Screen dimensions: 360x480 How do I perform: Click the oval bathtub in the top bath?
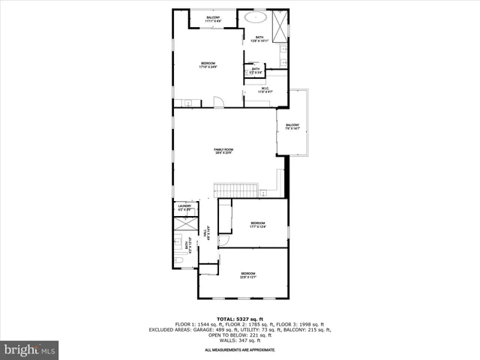tap(257, 16)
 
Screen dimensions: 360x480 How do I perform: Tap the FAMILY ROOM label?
tap(223, 150)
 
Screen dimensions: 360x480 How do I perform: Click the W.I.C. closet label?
tap(265, 88)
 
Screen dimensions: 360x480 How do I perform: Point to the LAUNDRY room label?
tap(184, 206)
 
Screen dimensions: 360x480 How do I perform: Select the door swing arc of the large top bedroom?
tap(217, 102)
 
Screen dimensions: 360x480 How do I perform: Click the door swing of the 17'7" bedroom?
tap(223, 241)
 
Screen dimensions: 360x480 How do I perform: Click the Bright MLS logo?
tap(30, 349)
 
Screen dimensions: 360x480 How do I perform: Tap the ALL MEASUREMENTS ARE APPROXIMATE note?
tap(240, 349)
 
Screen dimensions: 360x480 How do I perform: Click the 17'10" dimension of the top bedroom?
tap(208, 67)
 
